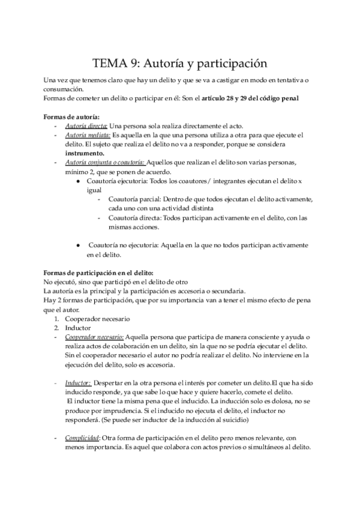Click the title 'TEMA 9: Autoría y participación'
tap(179, 62)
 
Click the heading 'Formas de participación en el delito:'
tap(99, 273)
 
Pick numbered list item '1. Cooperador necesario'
tap(96, 319)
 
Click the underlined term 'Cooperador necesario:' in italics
tap(94, 338)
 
